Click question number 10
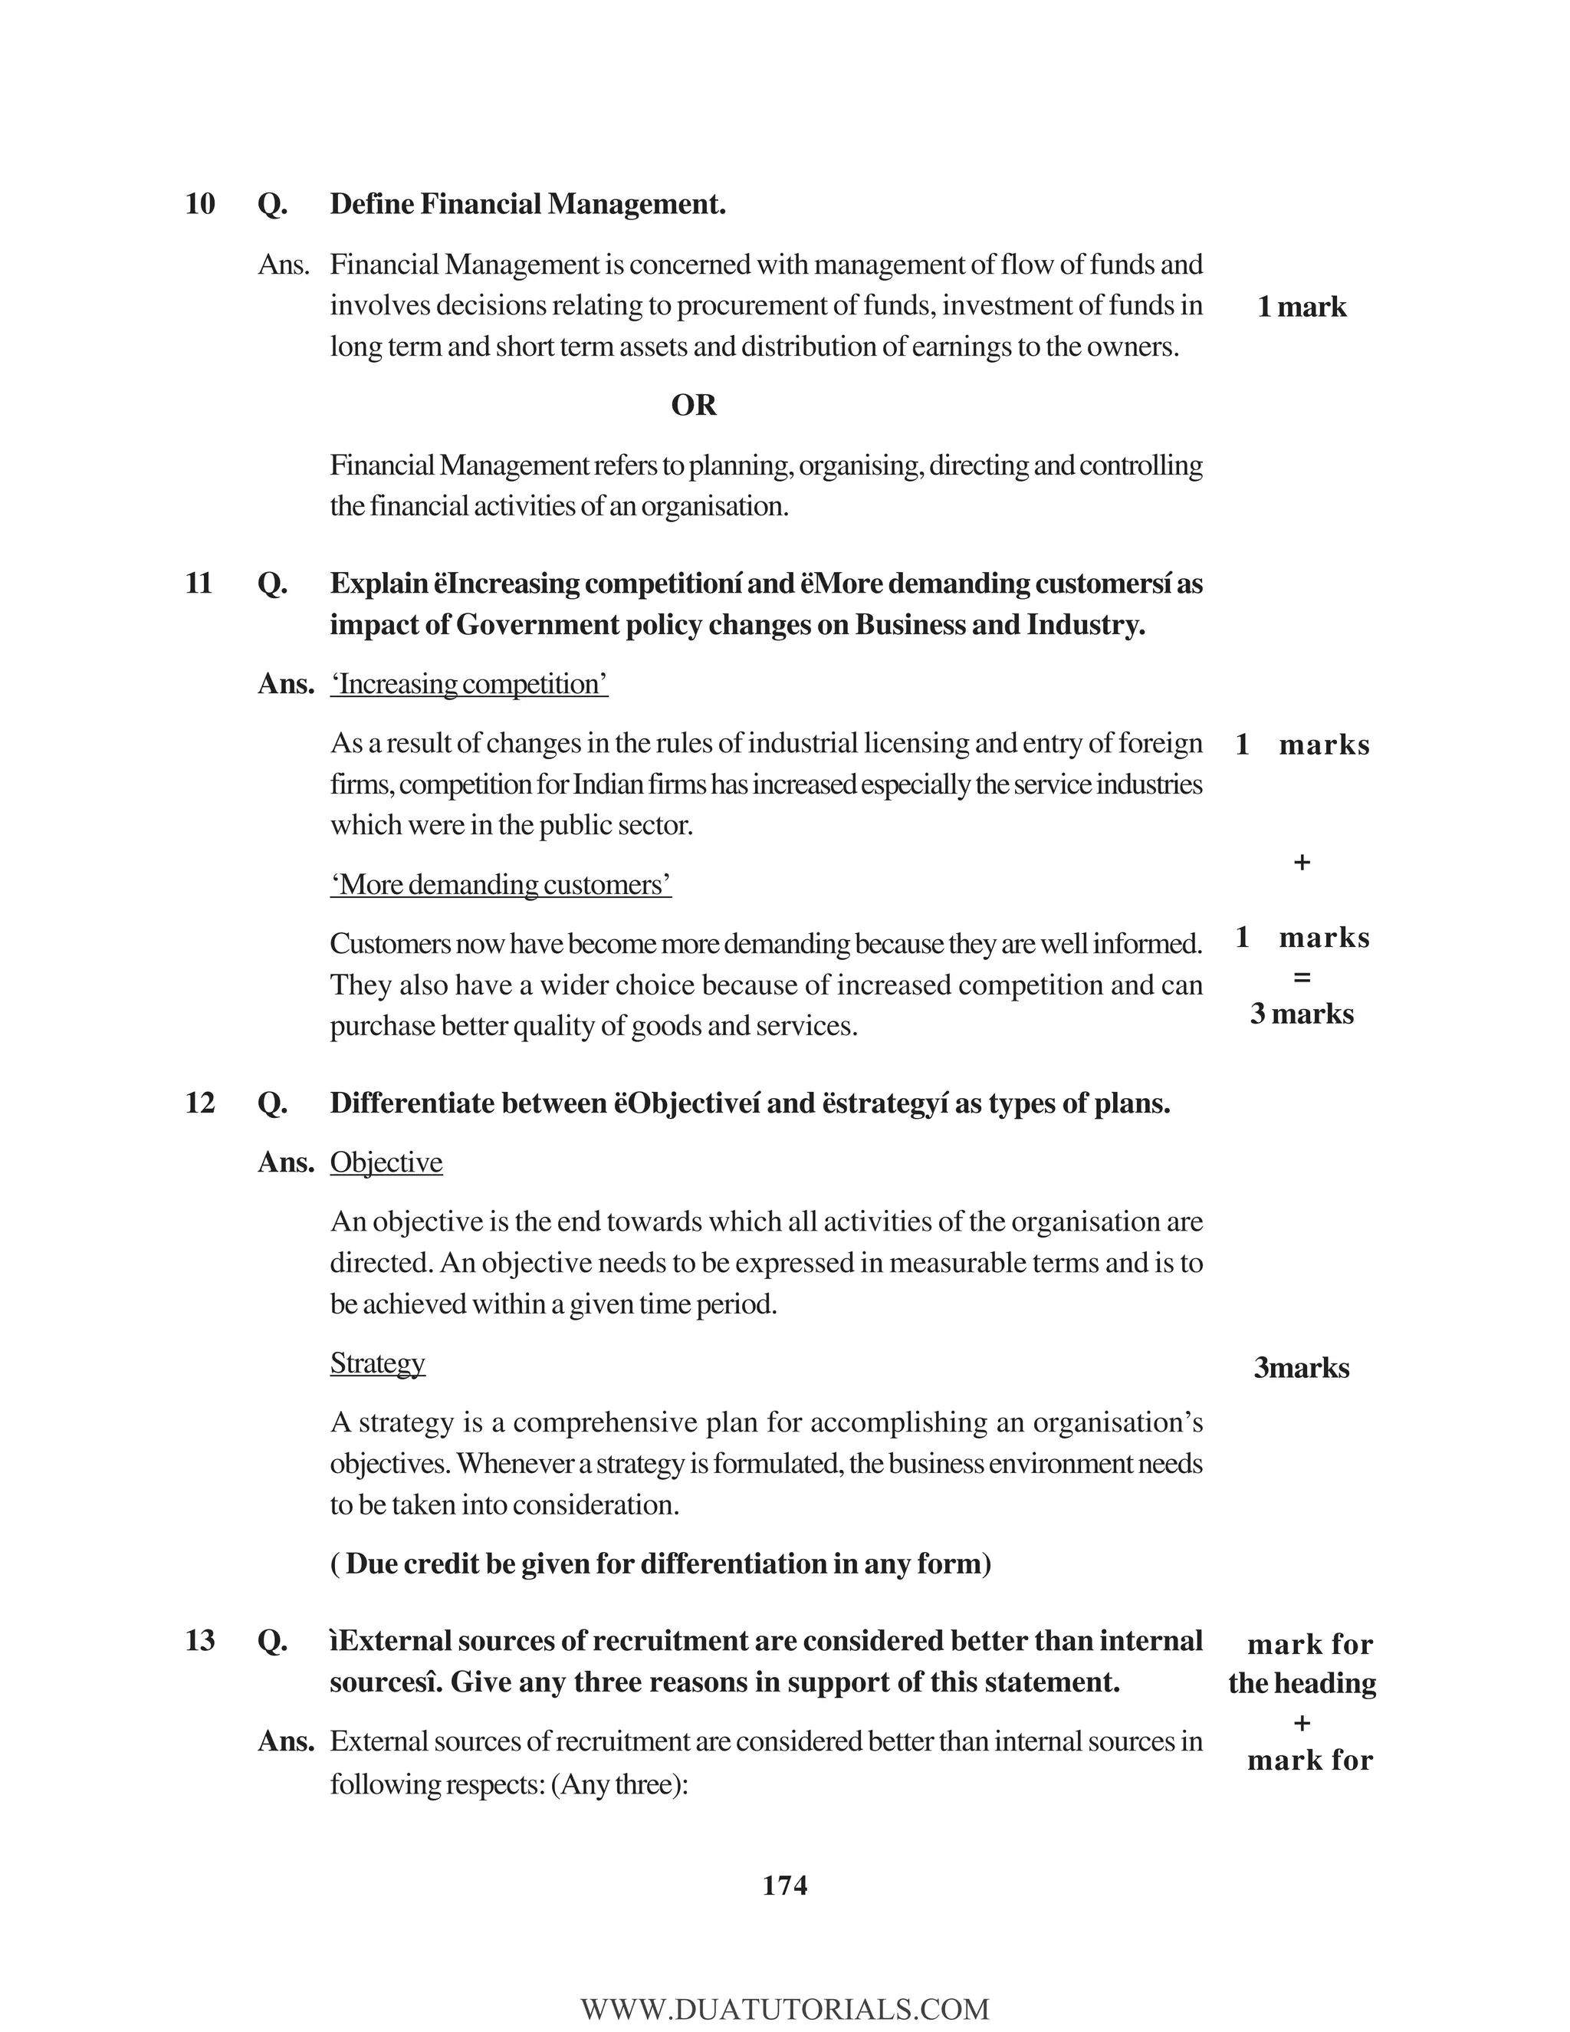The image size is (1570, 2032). (200, 204)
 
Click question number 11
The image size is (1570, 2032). (199, 584)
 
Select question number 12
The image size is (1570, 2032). (200, 1103)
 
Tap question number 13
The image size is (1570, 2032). (200, 1640)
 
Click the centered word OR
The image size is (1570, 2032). (694, 406)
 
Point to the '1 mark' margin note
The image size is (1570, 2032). (1301, 307)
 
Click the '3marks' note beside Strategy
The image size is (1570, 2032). (1301, 1368)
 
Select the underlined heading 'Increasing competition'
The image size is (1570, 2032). (470, 685)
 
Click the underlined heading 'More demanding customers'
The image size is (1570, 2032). (501, 885)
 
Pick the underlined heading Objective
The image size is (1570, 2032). (386, 1163)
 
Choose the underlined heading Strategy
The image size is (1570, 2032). (378, 1363)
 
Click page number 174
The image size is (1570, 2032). (785, 1886)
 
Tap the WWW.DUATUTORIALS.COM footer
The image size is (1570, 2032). (785, 2010)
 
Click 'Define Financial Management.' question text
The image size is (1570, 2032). (527, 204)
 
